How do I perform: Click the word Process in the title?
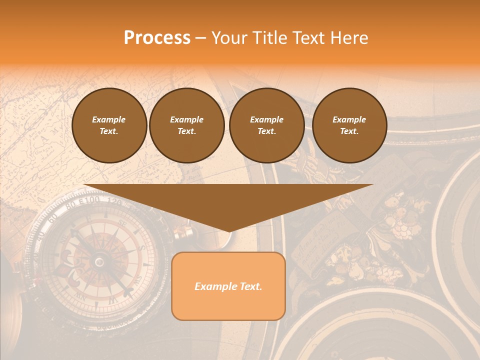tap(157, 38)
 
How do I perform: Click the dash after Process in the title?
tap(201, 38)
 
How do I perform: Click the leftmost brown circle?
tap(109, 125)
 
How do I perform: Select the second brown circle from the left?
tap(187, 125)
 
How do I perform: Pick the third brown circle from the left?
tap(267, 125)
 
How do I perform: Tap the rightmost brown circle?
tap(349, 125)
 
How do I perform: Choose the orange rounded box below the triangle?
tap(228, 286)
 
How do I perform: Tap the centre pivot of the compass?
tap(99, 261)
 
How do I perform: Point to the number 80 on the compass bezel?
tap(70, 204)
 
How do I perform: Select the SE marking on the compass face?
tap(121, 223)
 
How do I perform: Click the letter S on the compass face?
tap(141, 248)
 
